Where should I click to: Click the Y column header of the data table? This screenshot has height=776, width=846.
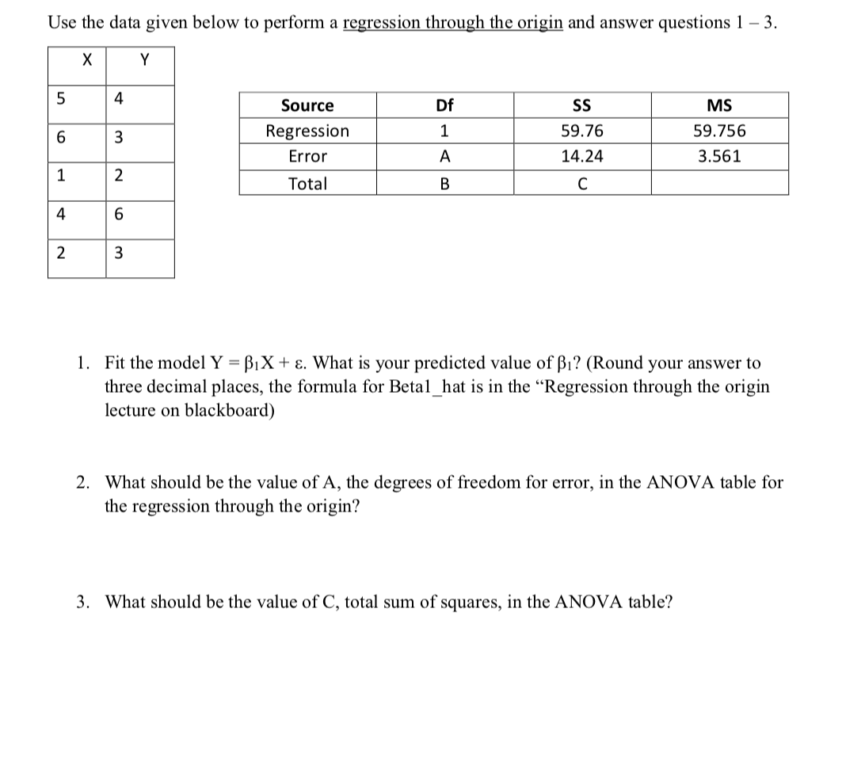pyautogui.click(x=144, y=59)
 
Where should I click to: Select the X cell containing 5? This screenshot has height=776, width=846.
pyautogui.click(x=60, y=100)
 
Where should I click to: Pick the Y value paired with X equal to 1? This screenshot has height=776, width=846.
pyautogui.click(x=118, y=176)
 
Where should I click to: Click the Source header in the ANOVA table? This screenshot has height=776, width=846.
pyautogui.click(x=307, y=105)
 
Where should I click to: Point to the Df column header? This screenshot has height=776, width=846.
pyautogui.click(x=444, y=105)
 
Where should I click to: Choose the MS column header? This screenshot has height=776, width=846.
pyautogui.click(x=719, y=105)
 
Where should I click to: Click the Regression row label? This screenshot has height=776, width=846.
pyautogui.click(x=307, y=131)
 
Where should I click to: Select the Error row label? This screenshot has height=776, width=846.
pyautogui.click(x=307, y=157)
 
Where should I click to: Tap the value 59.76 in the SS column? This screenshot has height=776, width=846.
pyautogui.click(x=581, y=131)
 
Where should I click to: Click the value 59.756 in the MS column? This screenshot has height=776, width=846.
pyautogui.click(x=719, y=131)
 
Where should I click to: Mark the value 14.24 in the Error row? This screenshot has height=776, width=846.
pyautogui.click(x=581, y=157)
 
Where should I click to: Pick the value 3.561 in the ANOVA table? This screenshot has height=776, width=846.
pyautogui.click(x=719, y=157)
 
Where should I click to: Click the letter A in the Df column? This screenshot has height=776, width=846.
pyautogui.click(x=444, y=157)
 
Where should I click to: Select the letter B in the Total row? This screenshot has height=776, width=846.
pyautogui.click(x=444, y=184)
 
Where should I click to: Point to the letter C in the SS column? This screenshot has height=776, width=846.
pyautogui.click(x=581, y=184)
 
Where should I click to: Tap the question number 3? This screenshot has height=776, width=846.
pyautogui.click(x=82, y=602)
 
